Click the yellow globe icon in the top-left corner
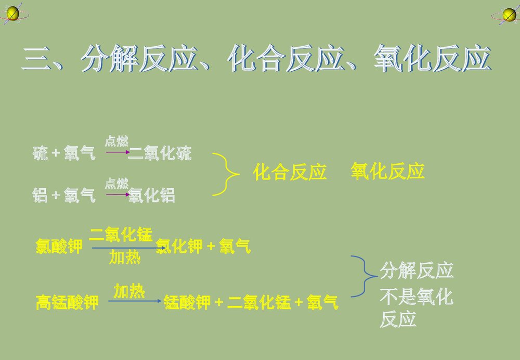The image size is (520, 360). (12, 12)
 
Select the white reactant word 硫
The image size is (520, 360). (40, 153)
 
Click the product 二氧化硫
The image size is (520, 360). (160, 153)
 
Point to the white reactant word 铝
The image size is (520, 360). (40, 196)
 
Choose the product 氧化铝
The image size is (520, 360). (152, 196)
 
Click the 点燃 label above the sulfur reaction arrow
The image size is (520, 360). (116, 141)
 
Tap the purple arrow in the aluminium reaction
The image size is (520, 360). (118, 195)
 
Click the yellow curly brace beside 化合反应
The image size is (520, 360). (226, 174)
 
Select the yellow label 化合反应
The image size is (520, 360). (290, 172)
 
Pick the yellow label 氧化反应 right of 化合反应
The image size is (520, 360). (387, 171)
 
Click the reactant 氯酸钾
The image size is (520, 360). (59, 246)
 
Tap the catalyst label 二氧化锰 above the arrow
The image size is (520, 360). (121, 235)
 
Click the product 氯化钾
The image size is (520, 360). (179, 246)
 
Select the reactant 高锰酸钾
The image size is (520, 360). (67, 302)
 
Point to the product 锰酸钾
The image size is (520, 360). (187, 302)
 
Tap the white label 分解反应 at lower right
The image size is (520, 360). (417, 271)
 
